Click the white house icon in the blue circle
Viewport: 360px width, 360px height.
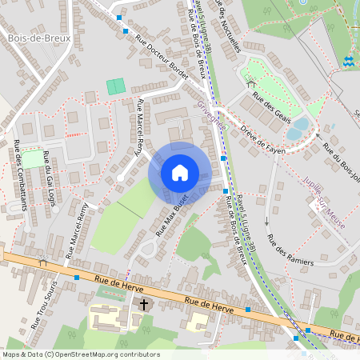pyautogui.click(x=180, y=173)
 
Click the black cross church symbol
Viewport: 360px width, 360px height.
pyautogui.click(x=145, y=304)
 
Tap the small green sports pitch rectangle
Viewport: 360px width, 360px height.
pyautogui.click(x=116, y=86)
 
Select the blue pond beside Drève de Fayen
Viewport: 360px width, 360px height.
pyautogui.click(x=298, y=127)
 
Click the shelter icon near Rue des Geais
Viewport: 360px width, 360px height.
pyautogui.click(x=250, y=82)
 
